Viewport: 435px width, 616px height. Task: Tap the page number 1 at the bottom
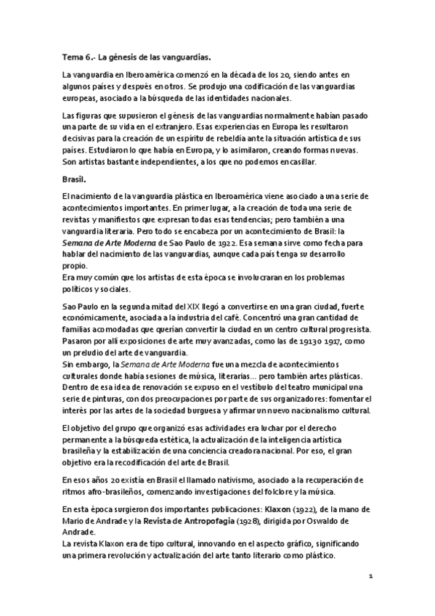pyautogui.click(x=370, y=577)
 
